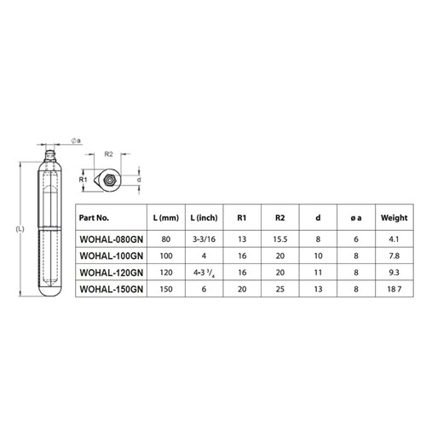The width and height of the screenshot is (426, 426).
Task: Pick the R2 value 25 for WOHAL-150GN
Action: [x=279, y=291]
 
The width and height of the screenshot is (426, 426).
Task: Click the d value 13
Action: [x=318, y=291]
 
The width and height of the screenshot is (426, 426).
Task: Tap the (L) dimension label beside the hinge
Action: [x=20, y=229]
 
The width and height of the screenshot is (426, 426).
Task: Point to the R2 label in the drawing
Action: [x=108, y=154]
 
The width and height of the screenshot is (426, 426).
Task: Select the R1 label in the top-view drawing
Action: [x=83, y=181]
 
